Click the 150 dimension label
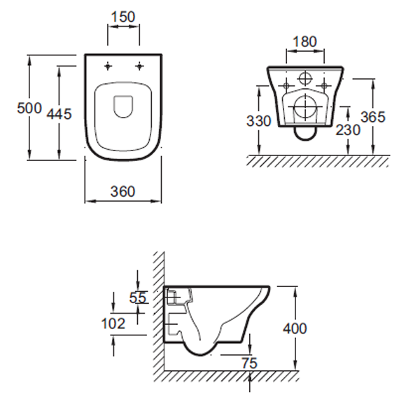(x=123, y=17)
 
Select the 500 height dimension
(x=29, y=108)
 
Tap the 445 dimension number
(x=59, y=114)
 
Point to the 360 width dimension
(x=123, y=192)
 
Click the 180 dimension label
(x=304, y=41)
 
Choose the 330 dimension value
(x=259, y=121)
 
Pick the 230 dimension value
(x=348, y=130)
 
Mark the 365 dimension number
(x=373, y=117)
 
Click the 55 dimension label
(x=138, y=297)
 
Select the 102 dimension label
(x=113, y=323)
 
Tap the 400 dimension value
(x=295, y=328)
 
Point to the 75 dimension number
(x=249, y=363)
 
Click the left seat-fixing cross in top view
(x=108, y=66)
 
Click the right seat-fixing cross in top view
(x=139, y=66)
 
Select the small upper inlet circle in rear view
(x=305, y=78)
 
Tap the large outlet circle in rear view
(x=305, y=106)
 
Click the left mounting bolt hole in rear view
(x=286, y=85)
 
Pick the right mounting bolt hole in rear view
(x=324, y=85)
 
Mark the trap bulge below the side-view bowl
(x=200, y=355)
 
